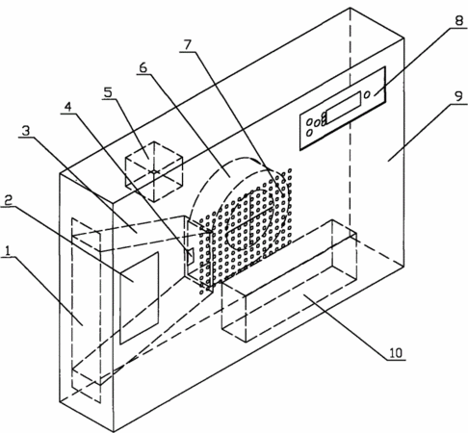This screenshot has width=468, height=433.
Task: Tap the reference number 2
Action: click(8, 200)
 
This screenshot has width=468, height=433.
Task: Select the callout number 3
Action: click(25, 131)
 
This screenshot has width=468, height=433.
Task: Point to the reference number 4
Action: click(67, 107)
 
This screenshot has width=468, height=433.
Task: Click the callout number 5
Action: click(108, 92)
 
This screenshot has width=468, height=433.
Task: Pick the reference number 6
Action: click(143, 67)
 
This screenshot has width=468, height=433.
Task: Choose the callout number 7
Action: click(187, 44)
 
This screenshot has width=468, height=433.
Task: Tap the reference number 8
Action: click(459, 21)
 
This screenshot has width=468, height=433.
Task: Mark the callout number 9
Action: click(459, 96)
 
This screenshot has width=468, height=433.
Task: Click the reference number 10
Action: click(396, 353)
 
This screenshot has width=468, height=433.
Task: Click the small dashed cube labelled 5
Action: click(154, 171)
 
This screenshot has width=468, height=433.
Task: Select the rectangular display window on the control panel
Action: click(343, 108)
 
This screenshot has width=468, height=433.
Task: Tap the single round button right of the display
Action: click(367, 94)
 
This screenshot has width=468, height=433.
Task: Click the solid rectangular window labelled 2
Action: click(139, 298)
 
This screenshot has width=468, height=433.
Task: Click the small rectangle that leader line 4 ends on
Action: click(190, 256)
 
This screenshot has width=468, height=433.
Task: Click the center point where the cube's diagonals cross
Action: click(154, 172)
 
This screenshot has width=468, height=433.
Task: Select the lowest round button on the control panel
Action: click(309, 133)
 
